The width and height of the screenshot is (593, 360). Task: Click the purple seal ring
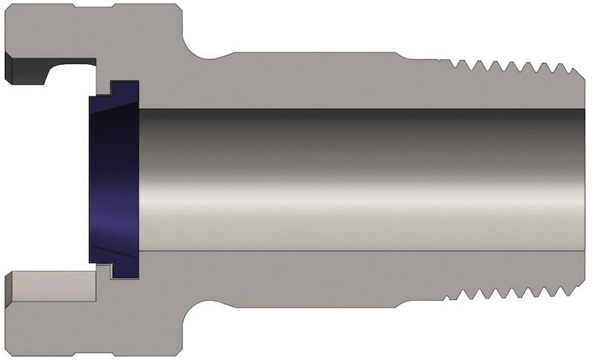tap(111, 178)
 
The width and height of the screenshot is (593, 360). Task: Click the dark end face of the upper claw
tap(16, 67)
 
